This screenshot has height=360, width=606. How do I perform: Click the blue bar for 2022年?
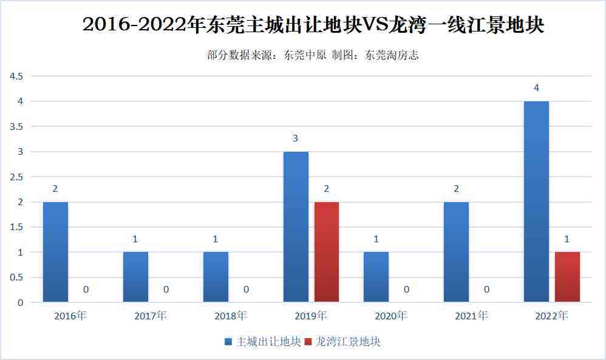coord(536,202)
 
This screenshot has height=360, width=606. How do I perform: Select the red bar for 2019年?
coord(327,252)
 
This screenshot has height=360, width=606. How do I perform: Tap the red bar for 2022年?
coord(567,277)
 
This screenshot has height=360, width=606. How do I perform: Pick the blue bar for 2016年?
coord(55,252)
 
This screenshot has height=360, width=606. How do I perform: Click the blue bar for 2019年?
coord(296,226)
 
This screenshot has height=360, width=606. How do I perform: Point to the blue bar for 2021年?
coord(456,252)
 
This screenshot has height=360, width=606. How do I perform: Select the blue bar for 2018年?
coord(216,277)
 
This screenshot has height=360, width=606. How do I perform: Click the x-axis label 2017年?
coord(151,316)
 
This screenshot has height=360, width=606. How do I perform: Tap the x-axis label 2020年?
coord(391,316)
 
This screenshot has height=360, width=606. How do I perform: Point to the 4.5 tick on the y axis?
coord(16,76)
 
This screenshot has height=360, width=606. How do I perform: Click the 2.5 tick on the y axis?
coord(16,177)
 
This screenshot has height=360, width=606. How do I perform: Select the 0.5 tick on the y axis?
coord(16,277)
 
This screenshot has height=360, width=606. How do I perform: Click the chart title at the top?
coord(313,25)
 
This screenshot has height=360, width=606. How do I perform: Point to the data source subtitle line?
coord(313,55)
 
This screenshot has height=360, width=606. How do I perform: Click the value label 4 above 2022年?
coord(536,88)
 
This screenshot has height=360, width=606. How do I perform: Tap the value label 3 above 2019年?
coord(296,138)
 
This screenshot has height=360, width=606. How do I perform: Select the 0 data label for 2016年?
coord(86,290)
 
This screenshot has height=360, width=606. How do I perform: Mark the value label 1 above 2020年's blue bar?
coord(376,239)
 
